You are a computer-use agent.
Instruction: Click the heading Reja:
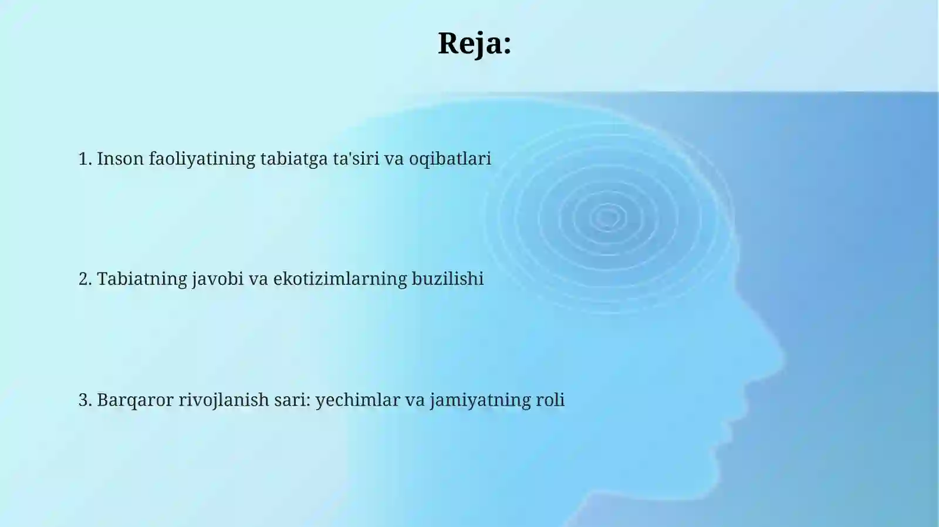tap(474, 43)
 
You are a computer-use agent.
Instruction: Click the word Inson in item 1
tap(120, 159)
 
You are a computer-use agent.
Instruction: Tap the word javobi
tap(217, 280)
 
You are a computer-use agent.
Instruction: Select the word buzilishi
tap(447, 279)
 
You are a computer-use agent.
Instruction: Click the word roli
tap(550, 400)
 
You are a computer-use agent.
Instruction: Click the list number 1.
tap(85, 159)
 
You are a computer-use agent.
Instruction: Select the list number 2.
tap(85, 279)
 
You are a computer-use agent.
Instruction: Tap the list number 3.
tap(85, 400)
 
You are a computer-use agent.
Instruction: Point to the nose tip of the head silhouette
tap(783, 355)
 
